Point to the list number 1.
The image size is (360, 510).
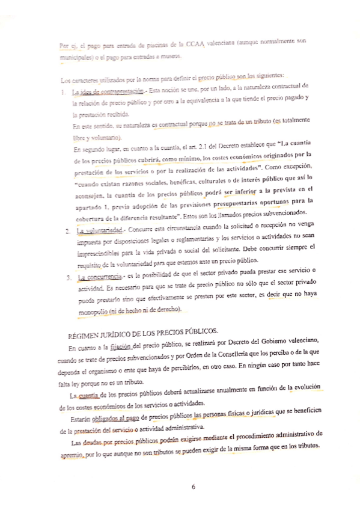[64, 91]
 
